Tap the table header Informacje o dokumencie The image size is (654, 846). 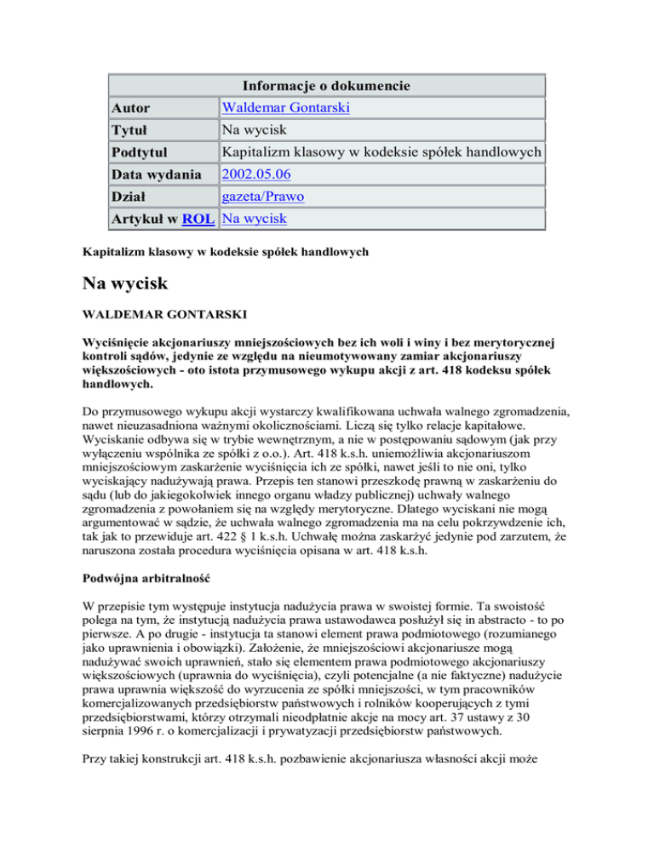click(326, 86)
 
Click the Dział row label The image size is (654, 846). click(130, 197)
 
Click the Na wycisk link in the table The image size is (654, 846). click(253, 219)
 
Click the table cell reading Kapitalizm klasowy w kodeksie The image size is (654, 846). click(379, 152)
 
